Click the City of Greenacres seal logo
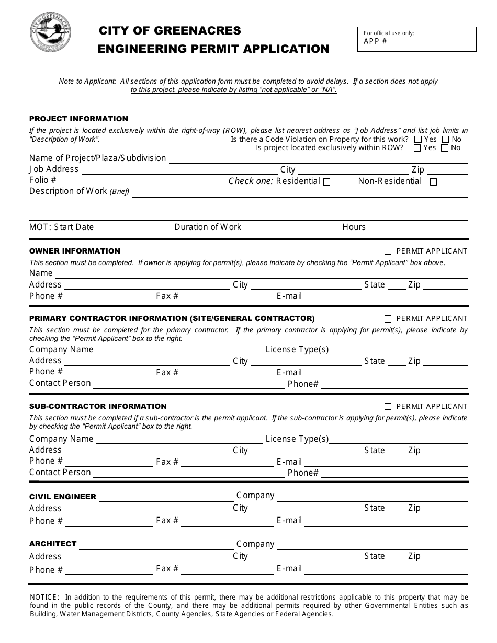point(51,32)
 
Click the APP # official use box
point(416,39)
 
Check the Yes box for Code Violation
point(418,140)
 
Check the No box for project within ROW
point(445,148)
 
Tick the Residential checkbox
point(327,182)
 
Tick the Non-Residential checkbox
point(433,182)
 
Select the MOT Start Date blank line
point(134,228)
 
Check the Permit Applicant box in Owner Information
point(388,251)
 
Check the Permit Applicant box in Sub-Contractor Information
point(388,406)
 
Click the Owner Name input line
point(261,274)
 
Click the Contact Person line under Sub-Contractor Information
point(188,474)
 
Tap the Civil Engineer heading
point(63,497)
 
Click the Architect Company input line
point(371,545)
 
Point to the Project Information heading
point(78,119)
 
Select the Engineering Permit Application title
point(213,49)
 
